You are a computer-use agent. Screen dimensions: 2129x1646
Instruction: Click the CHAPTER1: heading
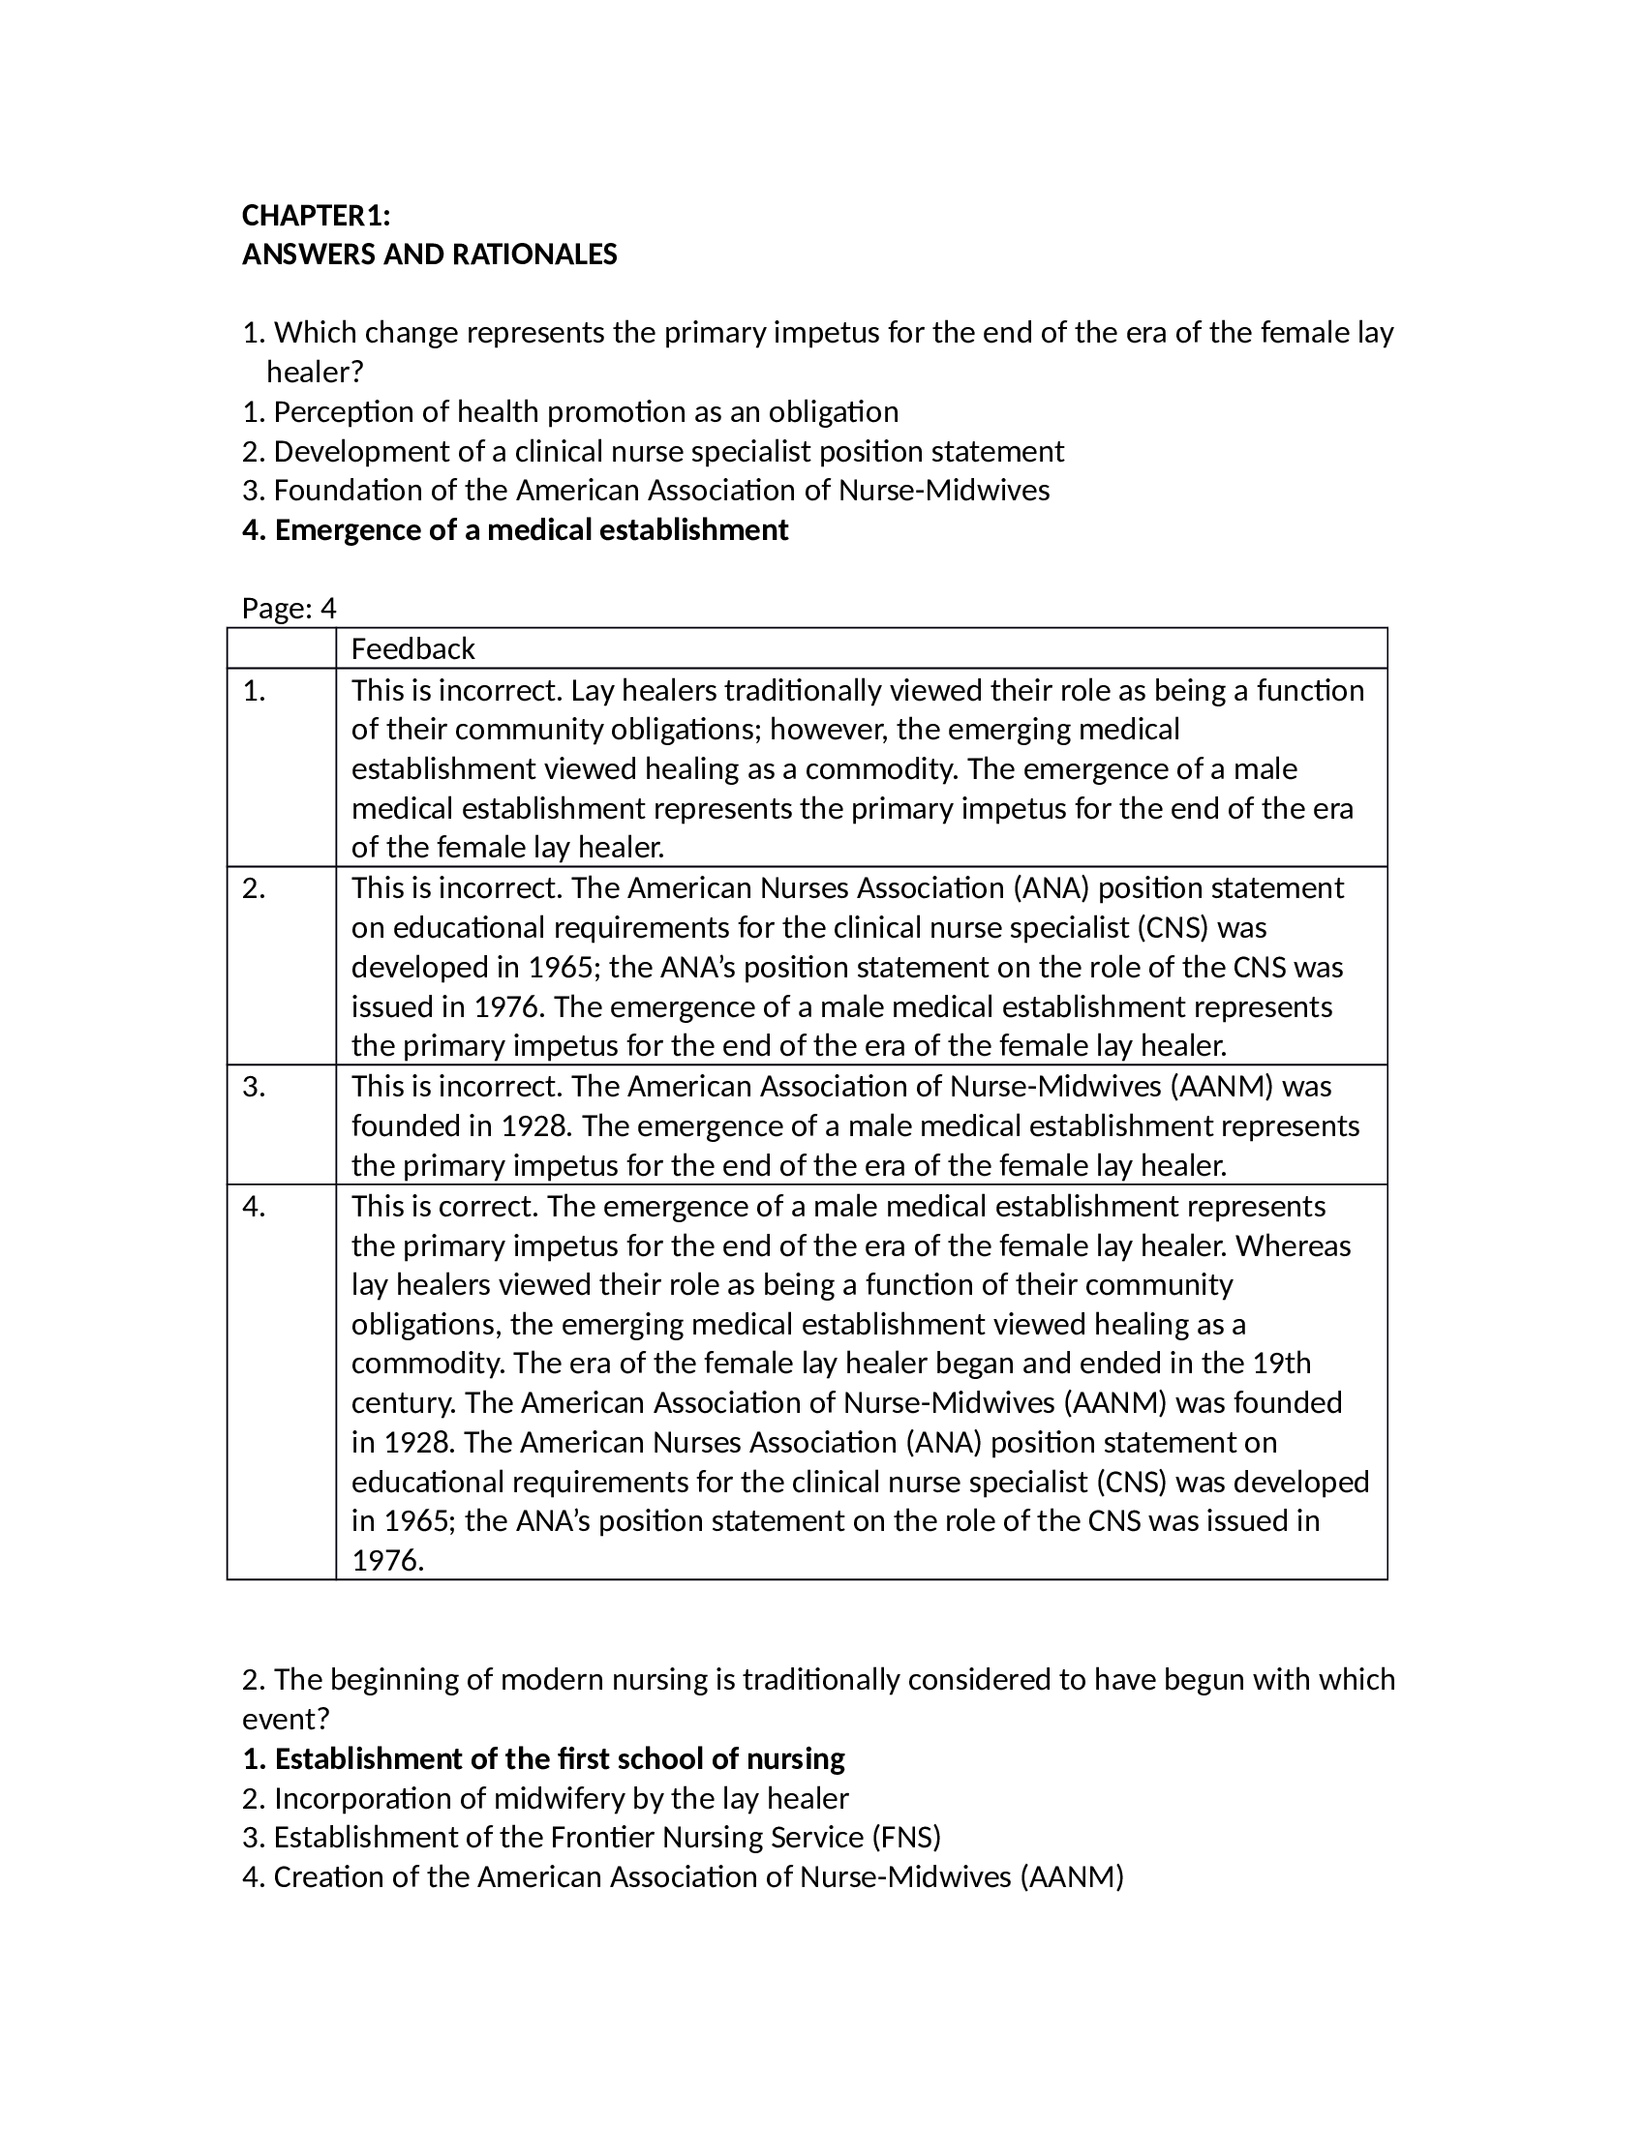tap(316, 215)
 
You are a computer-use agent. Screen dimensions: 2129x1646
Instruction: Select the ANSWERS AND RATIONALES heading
tap(429, 255)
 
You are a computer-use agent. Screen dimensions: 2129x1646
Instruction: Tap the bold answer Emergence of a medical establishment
tap(515, 530)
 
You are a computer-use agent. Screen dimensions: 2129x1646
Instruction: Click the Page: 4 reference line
tap(289, 609)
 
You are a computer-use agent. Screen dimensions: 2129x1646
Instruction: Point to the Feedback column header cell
tap(412, 648)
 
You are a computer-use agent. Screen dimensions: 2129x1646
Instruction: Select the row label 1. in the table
tap(254, 691)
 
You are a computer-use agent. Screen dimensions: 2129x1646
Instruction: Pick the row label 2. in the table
tap(254, 888)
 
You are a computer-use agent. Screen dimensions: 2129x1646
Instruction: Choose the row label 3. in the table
tap(254, 1086)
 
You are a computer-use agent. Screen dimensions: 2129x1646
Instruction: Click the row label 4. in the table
tap(254, 1206)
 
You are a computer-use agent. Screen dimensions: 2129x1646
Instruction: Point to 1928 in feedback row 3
tap(535, 1125)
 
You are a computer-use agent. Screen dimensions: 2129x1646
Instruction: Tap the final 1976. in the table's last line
tap(388, 1561)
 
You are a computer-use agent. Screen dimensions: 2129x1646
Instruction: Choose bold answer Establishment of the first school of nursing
tap(543, 1758)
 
